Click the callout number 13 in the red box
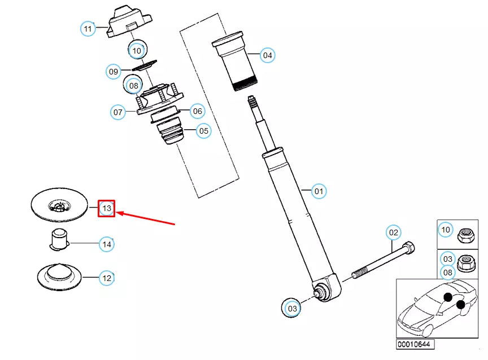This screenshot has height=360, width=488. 107,208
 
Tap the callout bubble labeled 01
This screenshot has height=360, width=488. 319,191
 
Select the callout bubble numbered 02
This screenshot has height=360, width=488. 393,232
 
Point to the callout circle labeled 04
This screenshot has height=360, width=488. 267,55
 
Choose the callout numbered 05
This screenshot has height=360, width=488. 203,131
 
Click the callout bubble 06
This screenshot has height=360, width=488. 197,111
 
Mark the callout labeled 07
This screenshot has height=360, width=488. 118,112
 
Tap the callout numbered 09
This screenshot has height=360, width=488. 114,72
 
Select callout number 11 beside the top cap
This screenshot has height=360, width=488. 88,29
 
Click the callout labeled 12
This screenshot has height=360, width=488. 107,278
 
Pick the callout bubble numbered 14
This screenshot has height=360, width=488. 107,244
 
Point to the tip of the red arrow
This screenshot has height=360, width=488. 116,213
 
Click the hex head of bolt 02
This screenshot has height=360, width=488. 409,248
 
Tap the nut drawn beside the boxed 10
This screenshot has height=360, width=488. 466,235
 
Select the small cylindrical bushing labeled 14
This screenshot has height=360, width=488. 59,239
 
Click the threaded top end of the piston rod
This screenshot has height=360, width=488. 252,103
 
